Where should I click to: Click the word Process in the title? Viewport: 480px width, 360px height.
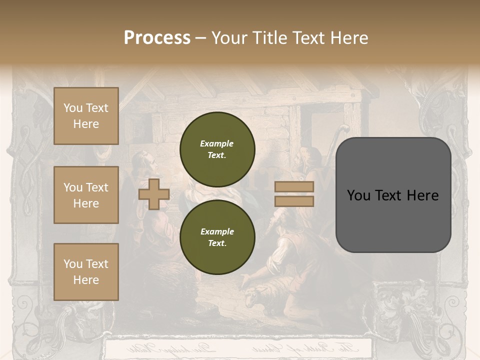point(157,38)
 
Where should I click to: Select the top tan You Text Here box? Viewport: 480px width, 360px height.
point(86,116)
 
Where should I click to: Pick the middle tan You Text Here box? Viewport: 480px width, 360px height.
point(86,195)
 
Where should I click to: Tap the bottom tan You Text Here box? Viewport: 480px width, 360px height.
point(86,271)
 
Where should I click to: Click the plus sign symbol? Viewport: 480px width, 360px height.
point(153,194)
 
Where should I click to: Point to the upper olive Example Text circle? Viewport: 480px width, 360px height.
point(217,149)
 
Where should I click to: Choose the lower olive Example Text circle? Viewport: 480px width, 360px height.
point(217,237)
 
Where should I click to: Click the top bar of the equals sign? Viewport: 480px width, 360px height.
point(294,187)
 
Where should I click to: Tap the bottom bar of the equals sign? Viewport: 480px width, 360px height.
point(294,201)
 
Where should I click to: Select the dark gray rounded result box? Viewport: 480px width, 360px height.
point(393,195)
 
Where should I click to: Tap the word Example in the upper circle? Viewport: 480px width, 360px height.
point(217,143)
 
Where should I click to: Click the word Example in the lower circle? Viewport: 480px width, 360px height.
point(217,231)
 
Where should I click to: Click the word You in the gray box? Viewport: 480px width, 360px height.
point(359,195)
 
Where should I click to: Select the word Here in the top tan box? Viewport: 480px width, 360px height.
point(86,124)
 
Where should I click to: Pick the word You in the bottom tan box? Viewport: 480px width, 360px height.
point(73,263)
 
